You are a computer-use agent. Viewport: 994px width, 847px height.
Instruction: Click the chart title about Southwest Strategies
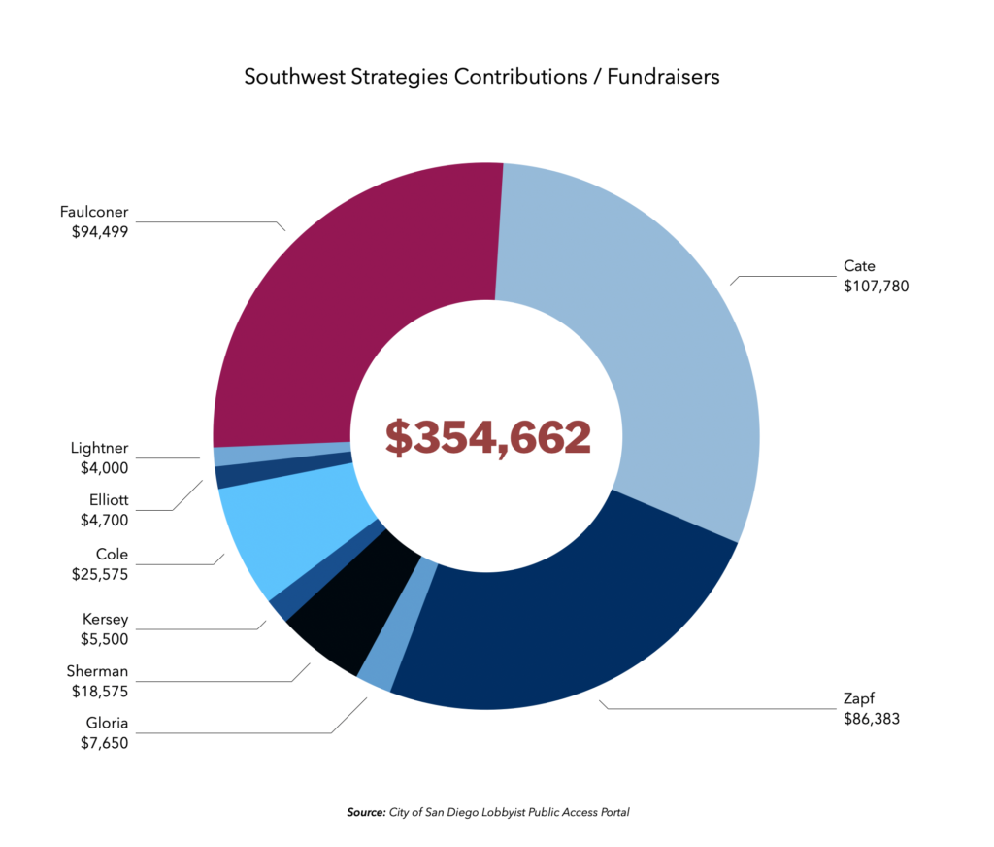(481, 77)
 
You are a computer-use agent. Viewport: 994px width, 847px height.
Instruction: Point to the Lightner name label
(99, 449)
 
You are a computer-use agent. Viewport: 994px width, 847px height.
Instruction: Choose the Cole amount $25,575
(100, 573)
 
